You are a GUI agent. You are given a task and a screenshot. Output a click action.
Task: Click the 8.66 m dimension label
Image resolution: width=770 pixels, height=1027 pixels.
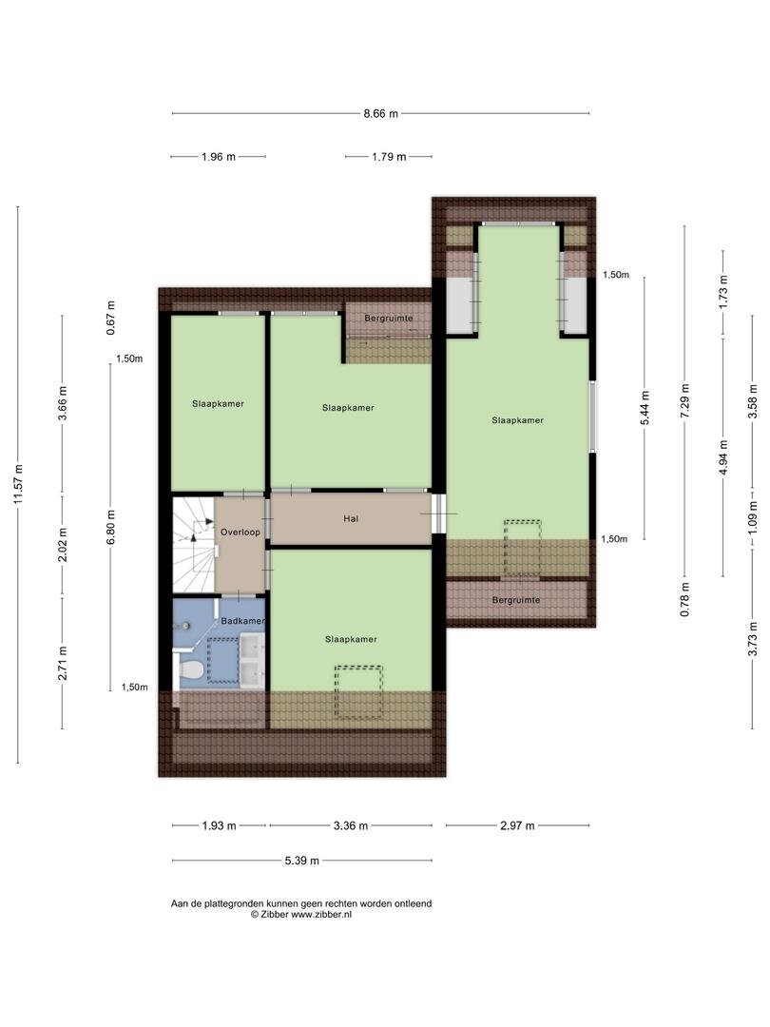[x=380, y=113]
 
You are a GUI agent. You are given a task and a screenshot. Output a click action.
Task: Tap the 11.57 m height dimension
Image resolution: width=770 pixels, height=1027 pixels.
[x=18, y=485]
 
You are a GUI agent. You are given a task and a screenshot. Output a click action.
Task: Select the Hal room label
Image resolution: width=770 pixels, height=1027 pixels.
[x=351, y=519]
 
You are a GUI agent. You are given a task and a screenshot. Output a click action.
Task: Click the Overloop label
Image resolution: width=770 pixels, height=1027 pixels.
[x=240, y=532]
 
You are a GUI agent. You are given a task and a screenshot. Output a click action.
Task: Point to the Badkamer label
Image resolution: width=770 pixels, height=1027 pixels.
[x=243, y=620]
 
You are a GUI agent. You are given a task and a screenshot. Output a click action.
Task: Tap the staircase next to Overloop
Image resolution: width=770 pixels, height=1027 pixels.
[x=194, y=545]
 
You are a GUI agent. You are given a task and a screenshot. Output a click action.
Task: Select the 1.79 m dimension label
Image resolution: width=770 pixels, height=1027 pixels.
[x=389, y=157]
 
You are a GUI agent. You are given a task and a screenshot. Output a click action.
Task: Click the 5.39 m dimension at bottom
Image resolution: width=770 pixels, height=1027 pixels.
[x=302, y=861]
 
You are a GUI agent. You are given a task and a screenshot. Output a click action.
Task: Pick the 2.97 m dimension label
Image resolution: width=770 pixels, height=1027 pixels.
[x=517, y=825]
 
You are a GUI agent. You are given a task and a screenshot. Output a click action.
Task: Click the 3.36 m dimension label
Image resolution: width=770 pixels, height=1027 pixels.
[x=350, y=825]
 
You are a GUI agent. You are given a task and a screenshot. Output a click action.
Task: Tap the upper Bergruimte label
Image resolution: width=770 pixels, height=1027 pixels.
[x=389, y=319]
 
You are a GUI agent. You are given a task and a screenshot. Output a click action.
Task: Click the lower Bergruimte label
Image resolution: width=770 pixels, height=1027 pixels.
[x=516, y=600]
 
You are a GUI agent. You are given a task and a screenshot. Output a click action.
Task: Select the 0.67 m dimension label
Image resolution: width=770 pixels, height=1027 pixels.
[x=110, y=318]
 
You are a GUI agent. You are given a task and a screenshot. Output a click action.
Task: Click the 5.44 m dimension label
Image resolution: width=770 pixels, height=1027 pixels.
[x=645, y=408]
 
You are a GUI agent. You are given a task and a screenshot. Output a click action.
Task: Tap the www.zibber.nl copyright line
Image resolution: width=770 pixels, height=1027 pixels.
[x=301, y=915]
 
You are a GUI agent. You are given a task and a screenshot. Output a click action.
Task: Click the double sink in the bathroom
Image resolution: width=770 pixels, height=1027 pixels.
[x=252, y=661]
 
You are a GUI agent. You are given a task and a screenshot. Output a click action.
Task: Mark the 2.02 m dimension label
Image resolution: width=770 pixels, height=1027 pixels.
[x=63, y=545]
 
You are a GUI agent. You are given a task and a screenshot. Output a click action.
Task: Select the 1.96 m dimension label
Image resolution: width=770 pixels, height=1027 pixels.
[x=219, y=157]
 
